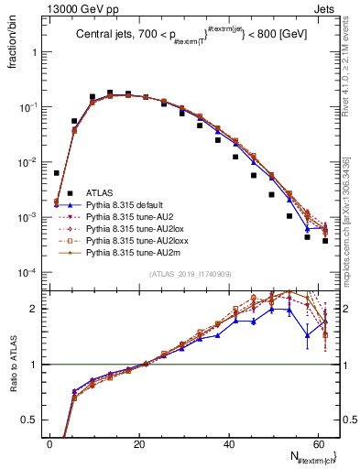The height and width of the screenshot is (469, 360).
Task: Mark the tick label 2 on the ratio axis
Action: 33,309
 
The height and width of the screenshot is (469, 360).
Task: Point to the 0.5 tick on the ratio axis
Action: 30,420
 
